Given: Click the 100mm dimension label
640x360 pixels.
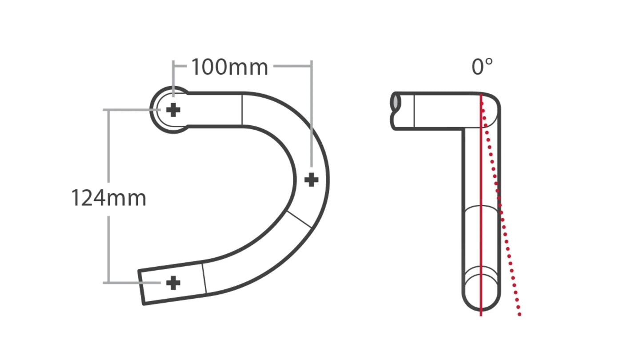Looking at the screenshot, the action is [x=230, y=68].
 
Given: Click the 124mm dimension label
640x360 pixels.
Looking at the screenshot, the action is [x=108, y=198].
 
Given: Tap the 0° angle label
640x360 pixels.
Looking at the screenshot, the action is [x=482, y=67].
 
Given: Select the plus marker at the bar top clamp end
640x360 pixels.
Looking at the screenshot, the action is [x=173, y=110].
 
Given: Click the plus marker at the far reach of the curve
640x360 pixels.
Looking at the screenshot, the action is [x=311, y=180].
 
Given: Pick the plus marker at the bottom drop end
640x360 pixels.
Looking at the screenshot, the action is [x=173, y=283].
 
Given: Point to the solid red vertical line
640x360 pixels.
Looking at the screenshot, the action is [x=481, y=204].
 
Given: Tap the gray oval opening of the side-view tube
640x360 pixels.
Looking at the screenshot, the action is [x=396, y=102].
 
